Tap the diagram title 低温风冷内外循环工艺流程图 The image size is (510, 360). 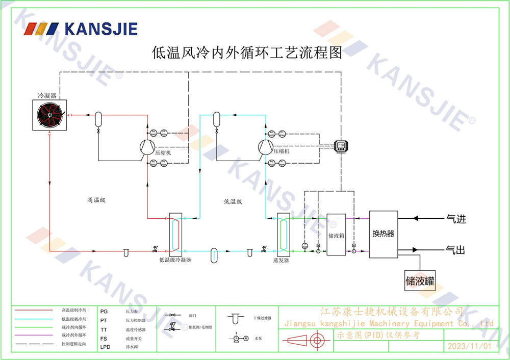click(x=247, y=52)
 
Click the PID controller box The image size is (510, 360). click(x=341, y=145)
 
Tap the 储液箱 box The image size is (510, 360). click(x=336, y=235)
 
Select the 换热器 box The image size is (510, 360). click(x=383, y=234)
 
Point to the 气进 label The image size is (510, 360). click(x=456, y=219)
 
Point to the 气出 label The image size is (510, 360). click(x=456, y=250)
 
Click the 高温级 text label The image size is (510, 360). click(x=96, y=200)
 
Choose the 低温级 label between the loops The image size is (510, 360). click(x=233, y=201)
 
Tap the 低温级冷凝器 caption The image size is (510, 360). click(x=175, y=260)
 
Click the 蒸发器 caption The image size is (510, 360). click(x=281, y=260)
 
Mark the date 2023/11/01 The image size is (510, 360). click(x=469, y=346)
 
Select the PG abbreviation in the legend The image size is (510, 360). click(x=104, y=311)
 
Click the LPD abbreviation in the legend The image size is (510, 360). click(x=105, y=347)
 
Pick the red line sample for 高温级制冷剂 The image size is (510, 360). click(x=33, y=310)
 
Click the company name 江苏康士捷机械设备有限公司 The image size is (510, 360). click(x=391, y=312)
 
